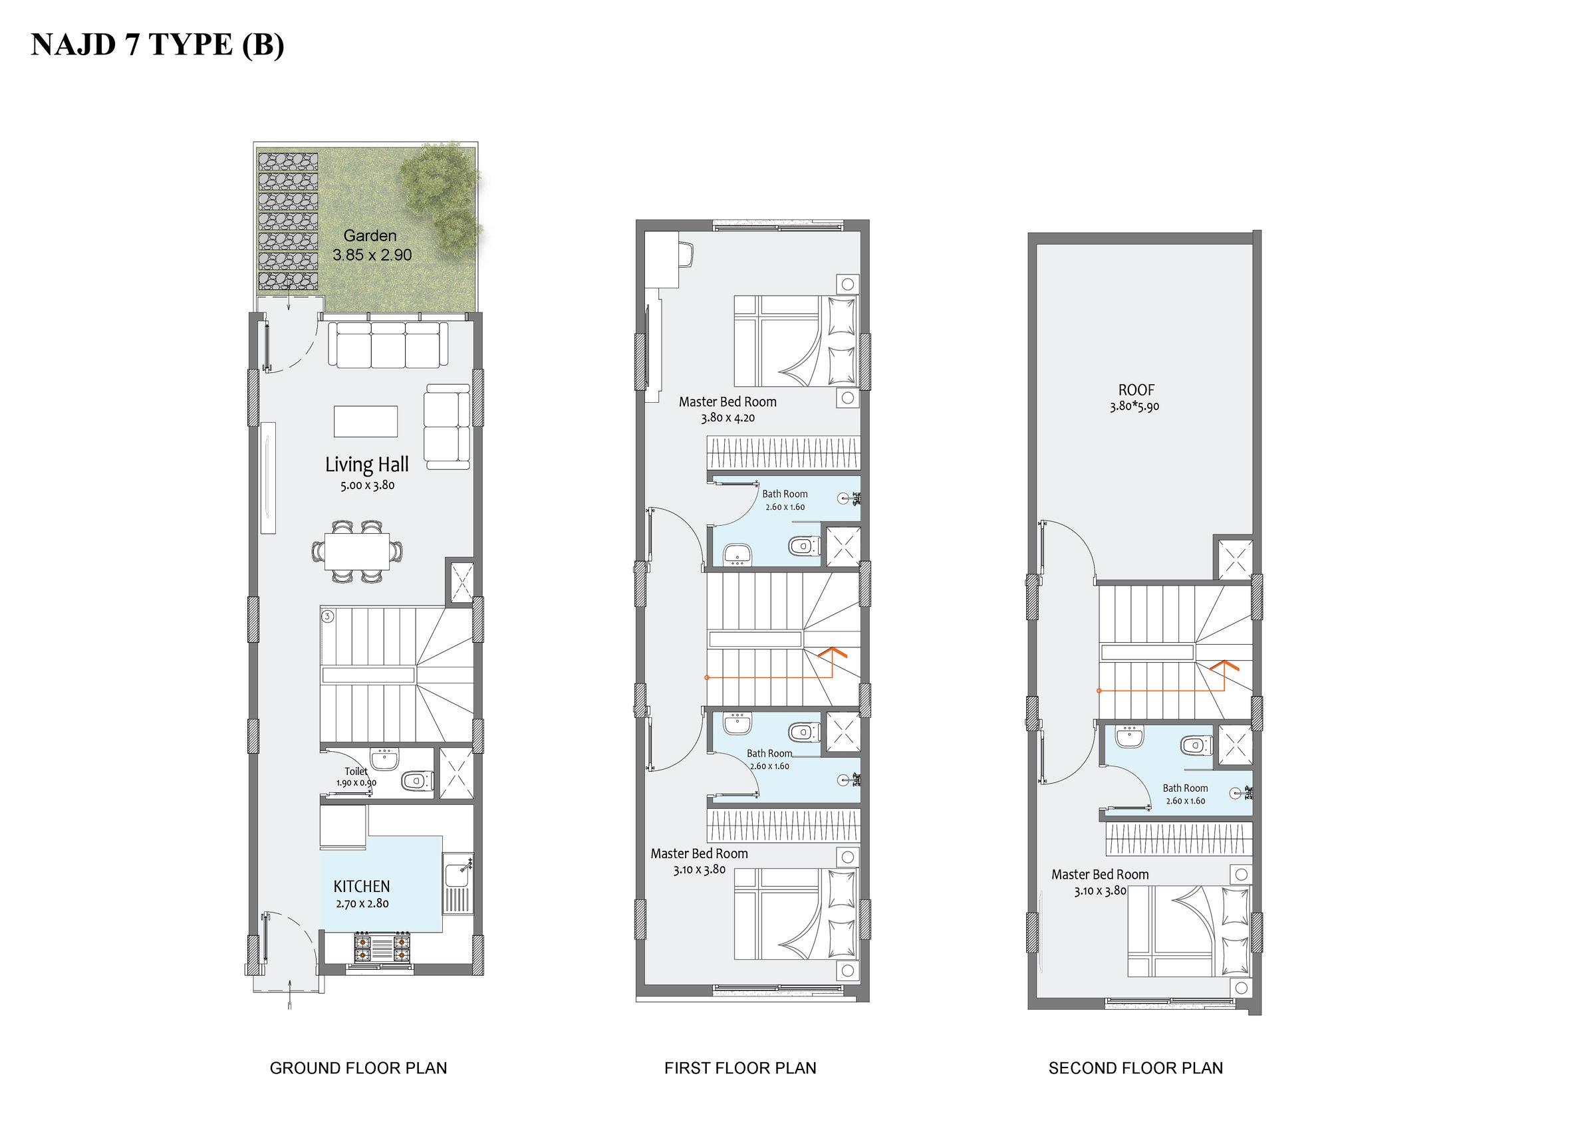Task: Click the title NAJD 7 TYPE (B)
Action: [x=158, y=45]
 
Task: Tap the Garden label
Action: [x=370, y=235]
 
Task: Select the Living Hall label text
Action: [x=367, y=464]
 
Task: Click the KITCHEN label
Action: [x=362, y=886]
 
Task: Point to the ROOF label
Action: [x=1136, y=390]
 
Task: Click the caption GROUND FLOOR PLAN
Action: [x=358, y=1068]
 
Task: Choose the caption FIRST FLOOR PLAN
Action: [x=740, y=1068]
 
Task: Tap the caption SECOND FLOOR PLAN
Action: [x=1136, y=1068]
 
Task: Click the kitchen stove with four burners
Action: [x=382, y=947]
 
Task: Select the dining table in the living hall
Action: [x=357, y=551]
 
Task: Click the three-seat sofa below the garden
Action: [x=388, y=345]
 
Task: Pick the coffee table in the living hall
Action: [x=366, y=421]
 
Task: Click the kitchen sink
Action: [x=458, y=872]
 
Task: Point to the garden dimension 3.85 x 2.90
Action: [x=372, y=255]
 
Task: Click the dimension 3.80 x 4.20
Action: [x=728, y=417]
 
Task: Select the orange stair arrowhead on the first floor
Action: [x=833, y=652]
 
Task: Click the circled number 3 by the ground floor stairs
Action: [x=328, y=616]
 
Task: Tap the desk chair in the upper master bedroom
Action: [x=686, y=254]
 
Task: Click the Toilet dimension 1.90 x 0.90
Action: [x=356, y=782]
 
